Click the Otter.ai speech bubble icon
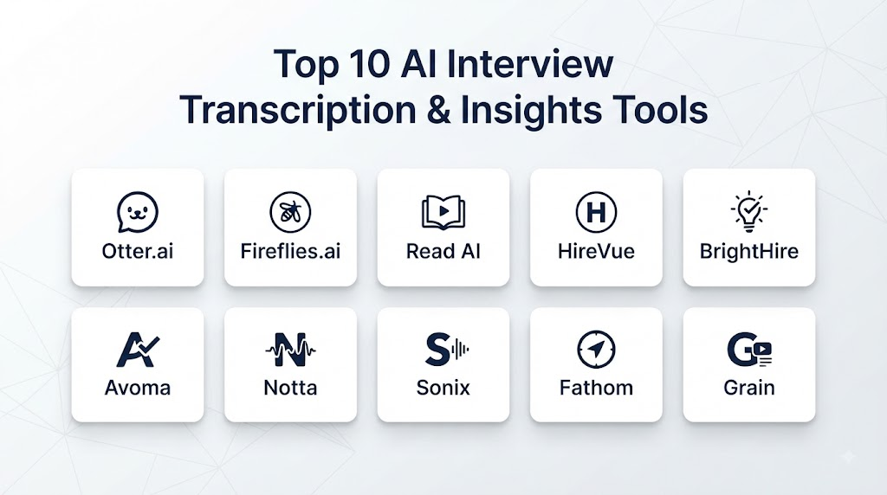(x=138, y=212)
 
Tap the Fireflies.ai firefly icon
(x=290, y=212)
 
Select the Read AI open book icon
(x=443, y=212)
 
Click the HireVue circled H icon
(x=596, y=212)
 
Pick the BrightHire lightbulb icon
(x=749, y=211)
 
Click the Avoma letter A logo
(x=138, y=350)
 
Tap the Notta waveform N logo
(x=290, y=350)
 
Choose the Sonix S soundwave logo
(x=447, y=350)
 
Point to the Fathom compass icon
(x=596, y=350)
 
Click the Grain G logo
(x=749, y=350)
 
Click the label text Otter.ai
(x=138, y=252)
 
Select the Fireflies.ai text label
(x=290, y=252)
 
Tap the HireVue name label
(x=596, y=252)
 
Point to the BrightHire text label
(x=749, y=252)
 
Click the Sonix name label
(x=443, y=389)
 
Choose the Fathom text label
(x=596, y=389)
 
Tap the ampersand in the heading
(x=439, y=110)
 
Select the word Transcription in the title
(x=298, y=111)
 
